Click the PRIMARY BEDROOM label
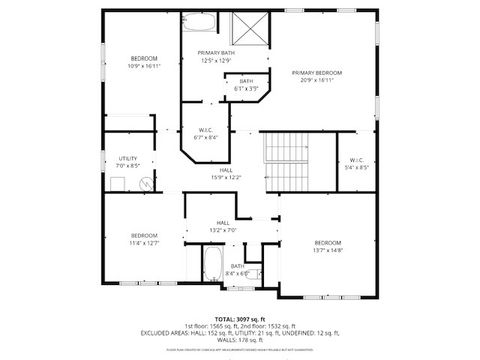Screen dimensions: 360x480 tap(316, 73)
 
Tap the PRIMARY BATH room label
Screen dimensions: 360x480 tap(215, 53)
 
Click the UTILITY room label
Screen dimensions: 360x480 tap(128, 158)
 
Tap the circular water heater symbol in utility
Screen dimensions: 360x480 tap(146, 184)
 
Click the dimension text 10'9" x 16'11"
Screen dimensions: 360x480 tap(137, 67)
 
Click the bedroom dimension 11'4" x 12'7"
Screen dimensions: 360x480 tap(145, 242)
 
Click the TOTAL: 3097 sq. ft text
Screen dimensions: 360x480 tap(239, 317)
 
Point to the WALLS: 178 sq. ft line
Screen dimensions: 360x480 tap(239, 339)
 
